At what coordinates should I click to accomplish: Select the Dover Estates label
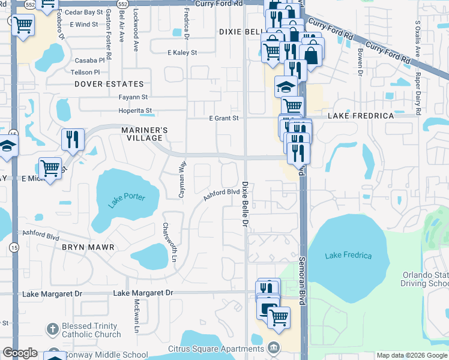109,85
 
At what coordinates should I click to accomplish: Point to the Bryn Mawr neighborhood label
88,247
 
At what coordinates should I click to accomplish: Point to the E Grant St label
223,119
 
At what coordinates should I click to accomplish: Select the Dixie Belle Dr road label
245,204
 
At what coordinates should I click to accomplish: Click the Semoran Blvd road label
303,282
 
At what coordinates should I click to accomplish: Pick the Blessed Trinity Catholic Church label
91,331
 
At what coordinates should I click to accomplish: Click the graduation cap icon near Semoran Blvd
286,87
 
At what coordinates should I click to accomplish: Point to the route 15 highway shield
13,247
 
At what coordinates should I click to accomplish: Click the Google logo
20,353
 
